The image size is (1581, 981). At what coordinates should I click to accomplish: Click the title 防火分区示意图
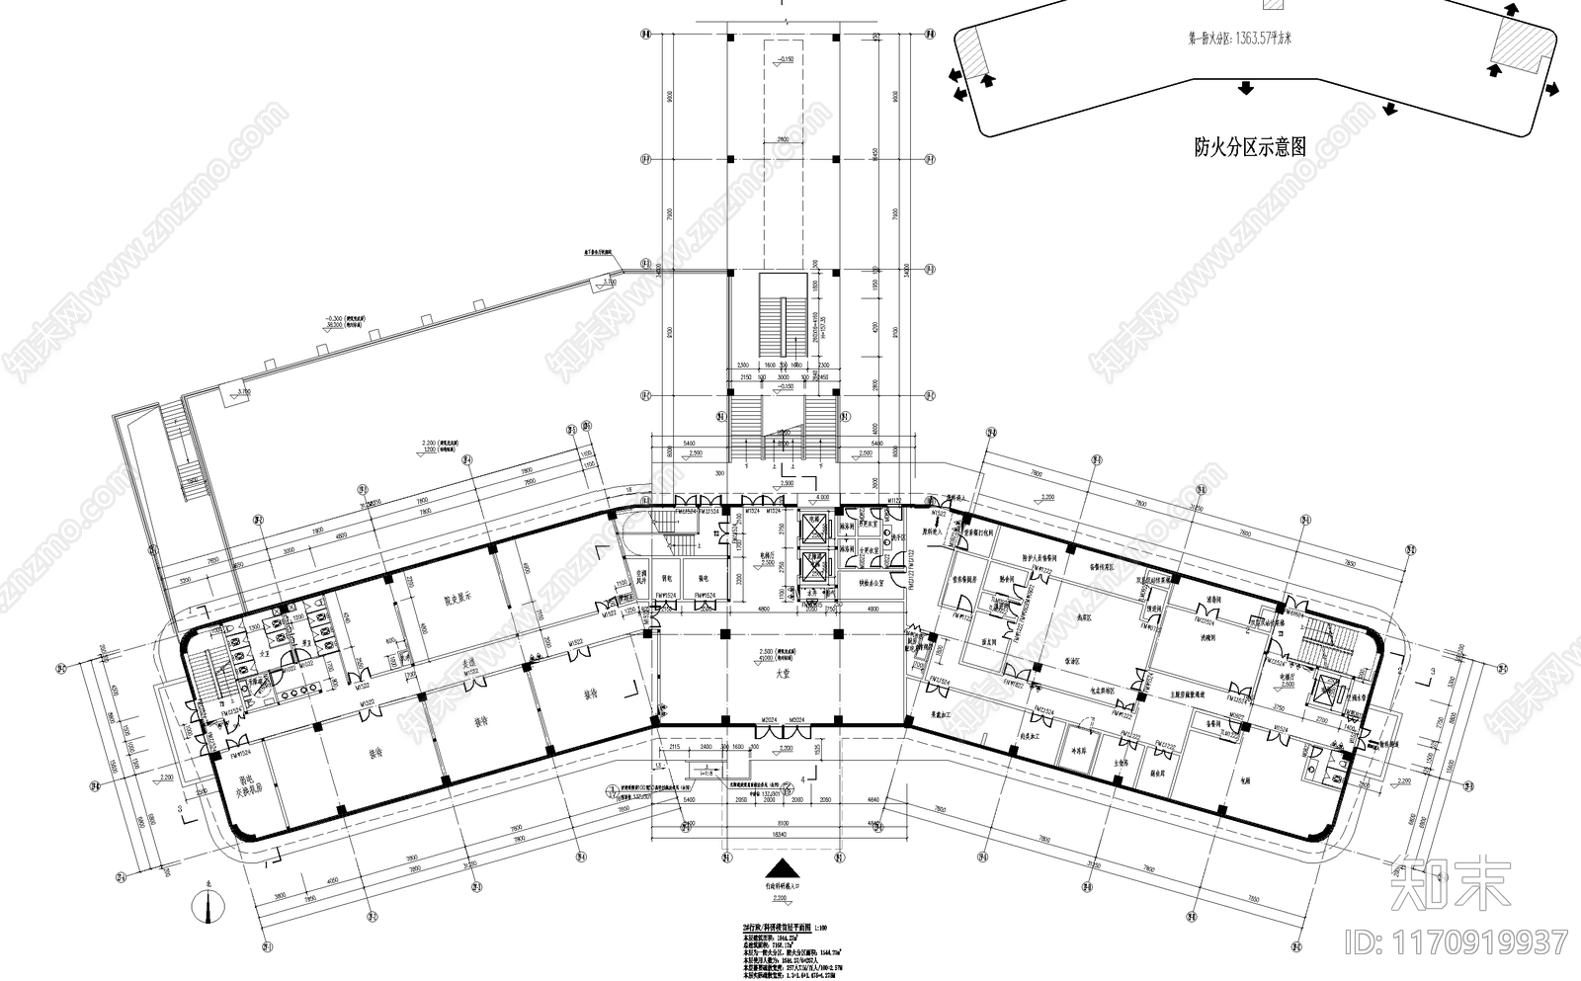[x=1249, y=148]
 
